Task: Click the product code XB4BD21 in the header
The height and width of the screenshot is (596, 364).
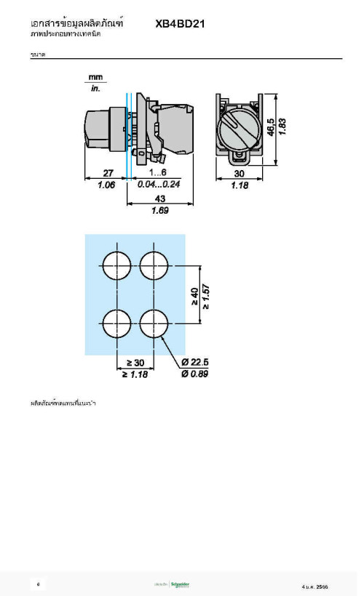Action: tap(180, 23)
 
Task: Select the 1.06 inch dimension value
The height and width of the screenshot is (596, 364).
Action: tap(106, 185)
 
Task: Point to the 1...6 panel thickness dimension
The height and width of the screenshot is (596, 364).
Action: tap(158, 173)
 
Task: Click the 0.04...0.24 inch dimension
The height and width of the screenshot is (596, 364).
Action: tap(158, 185)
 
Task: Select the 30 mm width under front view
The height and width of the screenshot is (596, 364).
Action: tap(239, 174)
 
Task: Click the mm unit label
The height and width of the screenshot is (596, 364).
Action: tap(95, 77)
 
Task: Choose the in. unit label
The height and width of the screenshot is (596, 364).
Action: tap(95, 89)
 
